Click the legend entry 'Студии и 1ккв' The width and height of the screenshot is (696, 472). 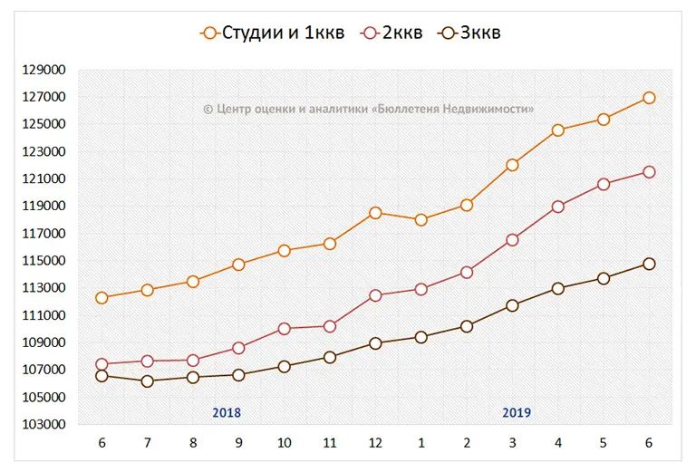pos(272,34)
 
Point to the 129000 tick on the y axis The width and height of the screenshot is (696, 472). pos(43,70)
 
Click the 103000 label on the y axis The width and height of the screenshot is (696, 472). pos(43,424)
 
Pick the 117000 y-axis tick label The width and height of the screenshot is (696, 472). pos(43,234)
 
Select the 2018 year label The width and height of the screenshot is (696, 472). pos(227,412)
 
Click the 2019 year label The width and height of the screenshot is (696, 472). pos(517,412)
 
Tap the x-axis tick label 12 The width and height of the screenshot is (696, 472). pos(375,443)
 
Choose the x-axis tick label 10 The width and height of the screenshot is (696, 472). pos(284,443)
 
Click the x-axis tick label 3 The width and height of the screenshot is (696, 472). pos(512,443)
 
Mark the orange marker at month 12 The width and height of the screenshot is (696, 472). pos(375,213)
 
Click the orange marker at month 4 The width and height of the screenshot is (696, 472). pos(557,130)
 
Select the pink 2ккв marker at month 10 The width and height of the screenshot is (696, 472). pos(284,329)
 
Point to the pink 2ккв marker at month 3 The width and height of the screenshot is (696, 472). pos(512,240)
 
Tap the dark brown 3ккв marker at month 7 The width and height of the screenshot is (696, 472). pos(147,381)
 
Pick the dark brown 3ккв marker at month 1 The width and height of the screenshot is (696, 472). pos(420,337)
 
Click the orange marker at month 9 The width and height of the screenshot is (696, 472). pos(238,265)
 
